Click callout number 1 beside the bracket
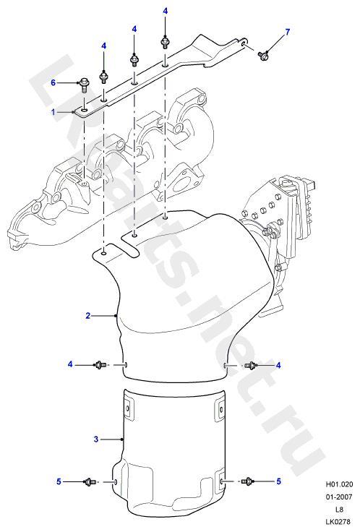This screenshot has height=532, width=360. pos(53,111)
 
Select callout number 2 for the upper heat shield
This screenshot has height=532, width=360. pos(88,316)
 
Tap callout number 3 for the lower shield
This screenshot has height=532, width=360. pos(96,439)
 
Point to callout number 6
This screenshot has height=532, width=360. pos(53,82)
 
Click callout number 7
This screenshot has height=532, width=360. pos(288,32)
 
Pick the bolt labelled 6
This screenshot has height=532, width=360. pos(83,85)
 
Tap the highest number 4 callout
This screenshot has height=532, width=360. pos(166,11)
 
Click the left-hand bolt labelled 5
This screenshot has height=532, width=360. pos(89,481)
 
